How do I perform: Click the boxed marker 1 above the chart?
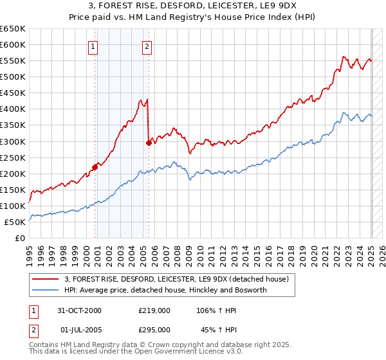pos(93,46)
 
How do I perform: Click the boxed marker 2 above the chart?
pos(147,46)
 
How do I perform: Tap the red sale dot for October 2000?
pos(95,167)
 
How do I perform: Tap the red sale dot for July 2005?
pos(149,143)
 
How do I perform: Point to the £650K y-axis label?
pos(13,29)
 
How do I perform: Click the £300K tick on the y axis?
pos(13,141)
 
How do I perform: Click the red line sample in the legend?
pos(46,279)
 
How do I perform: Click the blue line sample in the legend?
pos(46,290)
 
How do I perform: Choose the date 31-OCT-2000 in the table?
pos(80,310)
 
